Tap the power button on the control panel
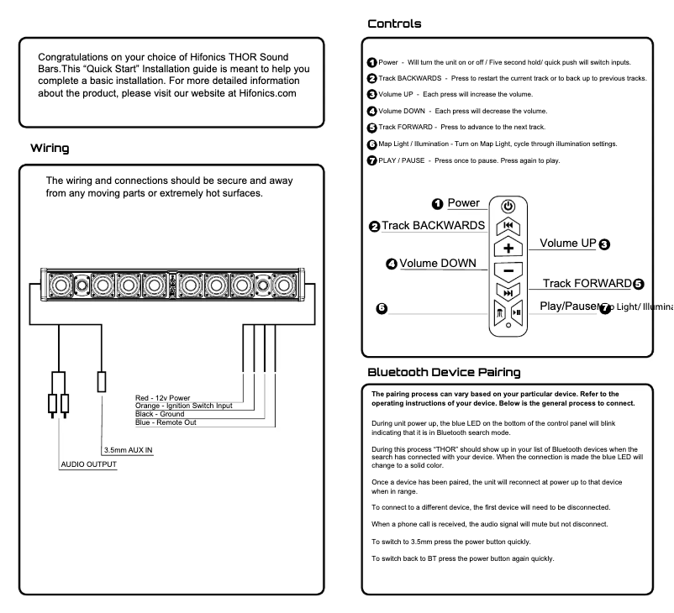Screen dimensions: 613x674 point(508,206)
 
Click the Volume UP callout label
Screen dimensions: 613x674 point(567,244)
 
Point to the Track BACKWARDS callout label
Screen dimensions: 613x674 point(434,226)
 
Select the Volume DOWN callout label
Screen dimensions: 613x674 point(436,264)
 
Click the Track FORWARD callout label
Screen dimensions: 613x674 point(587,283)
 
